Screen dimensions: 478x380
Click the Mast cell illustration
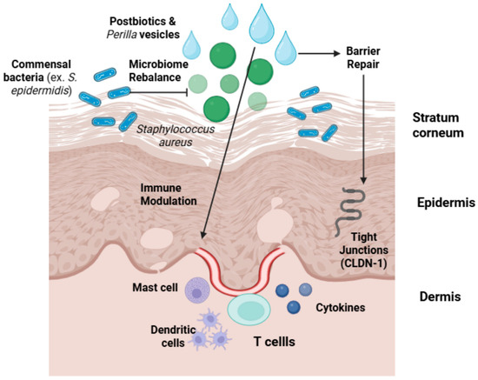click(x=197, y=290)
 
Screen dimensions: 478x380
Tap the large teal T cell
click(x=249, y=310)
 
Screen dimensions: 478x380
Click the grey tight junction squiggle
click(x=349, y=212)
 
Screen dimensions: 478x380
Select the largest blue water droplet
click(x=262, y=23)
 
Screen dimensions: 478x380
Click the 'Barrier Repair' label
click(x=363, y=57)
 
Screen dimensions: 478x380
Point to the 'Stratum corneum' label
click(x=438, y=125)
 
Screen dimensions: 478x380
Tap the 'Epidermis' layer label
click(x=446, y=203)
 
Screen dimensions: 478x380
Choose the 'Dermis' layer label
click(x=440, y=297)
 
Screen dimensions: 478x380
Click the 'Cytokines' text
click(x=340, y=308)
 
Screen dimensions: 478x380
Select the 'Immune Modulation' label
click(x=169, y=195)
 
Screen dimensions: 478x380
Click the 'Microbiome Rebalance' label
click(x=158, y=70)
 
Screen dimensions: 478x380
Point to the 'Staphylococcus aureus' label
click(x=176, y=136)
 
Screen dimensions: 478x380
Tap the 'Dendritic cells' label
click(x=173, y=336)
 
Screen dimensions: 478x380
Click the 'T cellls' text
click(x=275, y=342)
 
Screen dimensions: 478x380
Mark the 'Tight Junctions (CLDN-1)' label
click(x=363, y=250)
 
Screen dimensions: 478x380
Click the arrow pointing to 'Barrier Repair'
click(x=319, y=54)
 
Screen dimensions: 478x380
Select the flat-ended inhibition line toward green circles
click(x=158, y=92)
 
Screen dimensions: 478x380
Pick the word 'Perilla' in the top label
click(x=122, y=35)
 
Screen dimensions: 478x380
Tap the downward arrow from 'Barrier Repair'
click(x=363, y=130)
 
